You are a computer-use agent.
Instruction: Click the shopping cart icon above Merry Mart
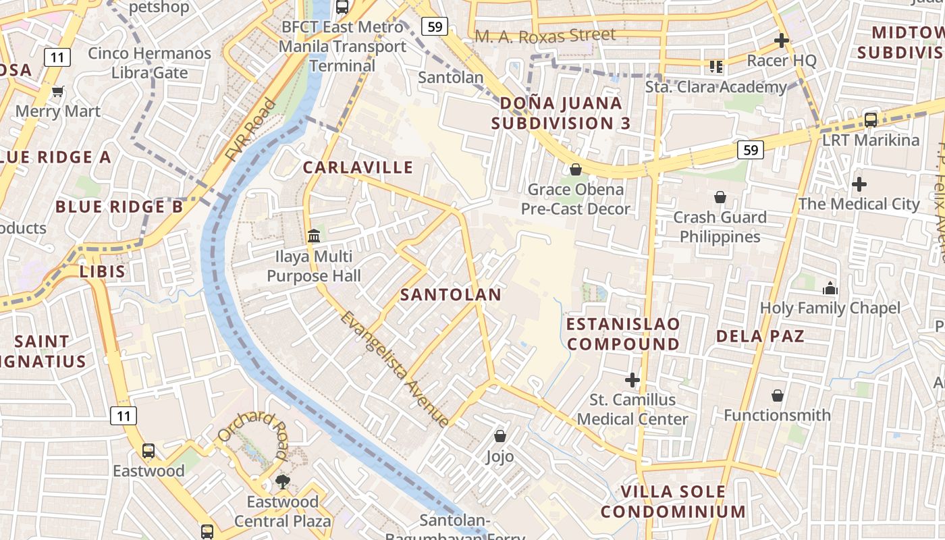pyautogui.click(x=57, y=91)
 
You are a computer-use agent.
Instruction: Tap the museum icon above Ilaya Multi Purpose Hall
pyautogui.click(x=314, y=236)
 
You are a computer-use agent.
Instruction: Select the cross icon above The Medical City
pyautogui.click(x=859, y=184)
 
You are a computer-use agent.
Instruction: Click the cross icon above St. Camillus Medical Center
pyautogui.click(x=632, y=379)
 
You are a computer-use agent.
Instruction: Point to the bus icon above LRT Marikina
pyautogui.click(x=871, y=120)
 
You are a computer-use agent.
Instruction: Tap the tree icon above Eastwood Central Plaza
pyautogui.click(x=282, y=481)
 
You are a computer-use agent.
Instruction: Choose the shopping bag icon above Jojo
pyautogui.click(x=500, y=436)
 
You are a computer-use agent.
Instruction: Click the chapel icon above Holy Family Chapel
pyautogui.click(x=830, y=288)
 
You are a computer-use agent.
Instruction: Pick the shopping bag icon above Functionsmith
pyautogui.click(x=778, y=395)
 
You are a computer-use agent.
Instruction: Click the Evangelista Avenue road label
pyautogui.click(x=395, y=369)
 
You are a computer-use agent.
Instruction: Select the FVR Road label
pyautogui.click(x=252, y=130)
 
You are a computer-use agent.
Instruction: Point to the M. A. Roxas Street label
pyautogui.click(x=545, y=35)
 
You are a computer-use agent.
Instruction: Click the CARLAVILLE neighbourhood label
pyautogui.click(x=358, y=167)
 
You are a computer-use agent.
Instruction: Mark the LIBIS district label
pyautogui.click(x=103, y=271)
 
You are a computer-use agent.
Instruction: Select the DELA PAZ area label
pyautogui.click(x=760, y=336)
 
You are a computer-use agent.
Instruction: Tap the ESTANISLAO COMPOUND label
pyautogui.click(x=623, y=334)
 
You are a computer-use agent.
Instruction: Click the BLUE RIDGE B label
pyautogui.click(x=119, y=207)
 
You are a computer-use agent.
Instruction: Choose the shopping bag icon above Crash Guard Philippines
pyautogui.click(x=720, y=197)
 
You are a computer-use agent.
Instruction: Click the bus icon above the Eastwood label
pyautogui.click(x=148, y=450)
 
